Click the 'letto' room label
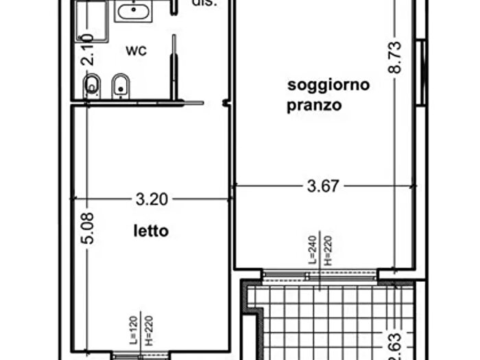point(151,231)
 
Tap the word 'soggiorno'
point(328,85)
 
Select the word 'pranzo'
point(315,106)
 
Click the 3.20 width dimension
point(152,200)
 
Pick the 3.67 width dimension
point(322,186)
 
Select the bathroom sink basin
point(132,12)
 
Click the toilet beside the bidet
point(91,86)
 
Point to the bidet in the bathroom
point(120,86)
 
